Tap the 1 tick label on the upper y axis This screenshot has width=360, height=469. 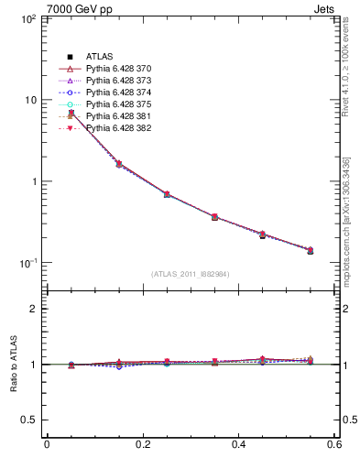point(31,181)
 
